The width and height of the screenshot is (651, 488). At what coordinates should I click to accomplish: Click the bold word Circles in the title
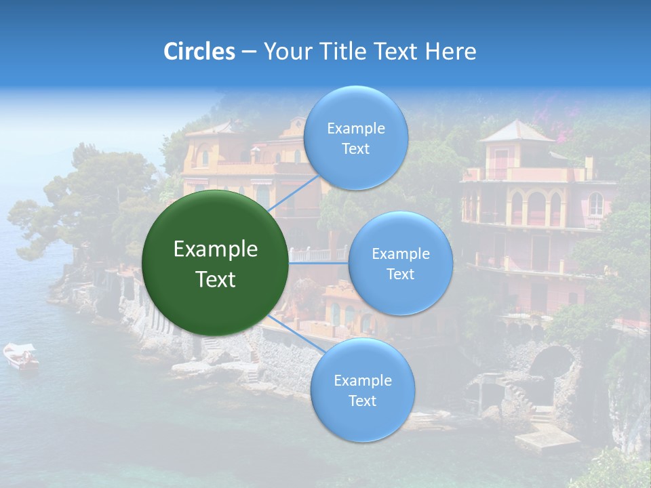pyautogui.click(x=199, y=52)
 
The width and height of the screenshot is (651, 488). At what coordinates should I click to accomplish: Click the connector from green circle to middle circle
pyautogui.click(x=319, y=262)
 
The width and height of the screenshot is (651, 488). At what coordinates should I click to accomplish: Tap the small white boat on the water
pyautogui.click(x=21, y=356)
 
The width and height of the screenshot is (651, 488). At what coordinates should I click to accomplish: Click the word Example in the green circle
pyautogui.click(x=216, y=249)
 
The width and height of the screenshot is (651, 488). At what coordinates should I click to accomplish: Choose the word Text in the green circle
pyautogui.click(x=216, y=279)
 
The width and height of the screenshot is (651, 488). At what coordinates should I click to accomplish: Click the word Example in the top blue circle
pyautogui.click(x=356, y=128)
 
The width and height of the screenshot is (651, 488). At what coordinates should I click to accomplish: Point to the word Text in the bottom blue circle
pyautogui.click(x=362, y=401)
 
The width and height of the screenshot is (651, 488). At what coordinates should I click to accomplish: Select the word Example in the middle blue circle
pyautogui.click(x=401, y=253)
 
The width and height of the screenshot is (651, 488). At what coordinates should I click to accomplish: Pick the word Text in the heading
pyautogui.click(x=399, y=52)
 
